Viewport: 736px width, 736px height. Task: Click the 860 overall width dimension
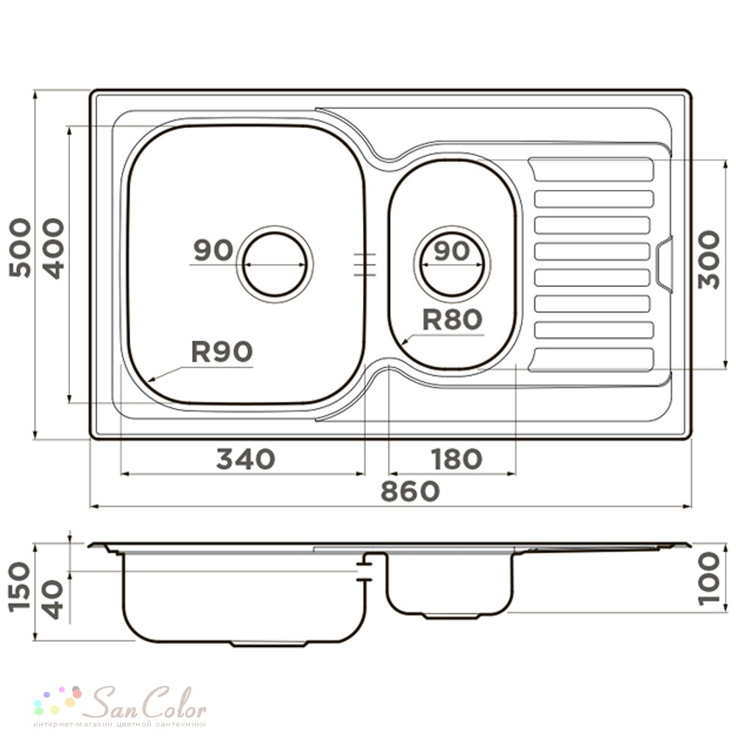[410, 492]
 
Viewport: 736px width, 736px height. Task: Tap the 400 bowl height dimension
[53, 249]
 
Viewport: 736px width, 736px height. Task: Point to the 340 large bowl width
[245, 459]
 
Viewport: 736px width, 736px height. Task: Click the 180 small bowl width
[456, 459]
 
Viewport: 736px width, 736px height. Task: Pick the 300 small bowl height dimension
[708, 259]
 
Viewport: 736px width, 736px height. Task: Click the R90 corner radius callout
[222, 352]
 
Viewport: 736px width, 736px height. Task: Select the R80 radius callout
[452, 319]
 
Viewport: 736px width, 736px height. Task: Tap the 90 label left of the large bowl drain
[213, 250]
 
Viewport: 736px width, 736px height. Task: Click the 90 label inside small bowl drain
[452, 251]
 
